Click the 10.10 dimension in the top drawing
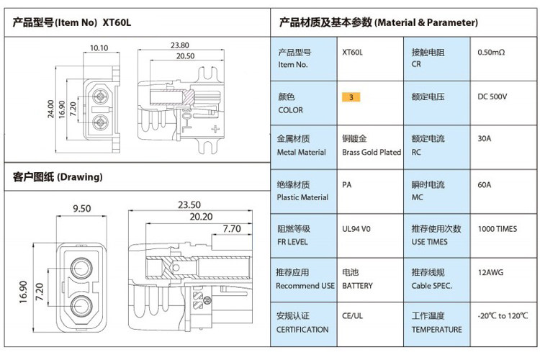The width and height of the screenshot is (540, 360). (x=99, y=48)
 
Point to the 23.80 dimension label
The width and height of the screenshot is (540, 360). (x=180, y=45)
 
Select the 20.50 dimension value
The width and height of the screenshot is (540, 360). (x=185, y=55)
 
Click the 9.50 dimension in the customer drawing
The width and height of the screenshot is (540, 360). (x=81, y=209)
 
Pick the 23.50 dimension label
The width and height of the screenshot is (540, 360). (x=189, y=204)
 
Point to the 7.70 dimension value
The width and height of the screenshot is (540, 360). (x=231, y=229)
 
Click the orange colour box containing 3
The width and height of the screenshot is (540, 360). (x=350, y=96)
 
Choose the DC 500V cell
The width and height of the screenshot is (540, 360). (x=492, y=96)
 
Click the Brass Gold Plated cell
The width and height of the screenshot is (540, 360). (x=371, y=152)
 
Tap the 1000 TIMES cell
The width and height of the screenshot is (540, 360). (x=497, y=229)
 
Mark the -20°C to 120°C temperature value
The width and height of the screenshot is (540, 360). (x=503, y=316)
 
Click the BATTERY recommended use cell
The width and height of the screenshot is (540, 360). (x=358, y=286)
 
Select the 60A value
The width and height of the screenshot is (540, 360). (x=485, y=184)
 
